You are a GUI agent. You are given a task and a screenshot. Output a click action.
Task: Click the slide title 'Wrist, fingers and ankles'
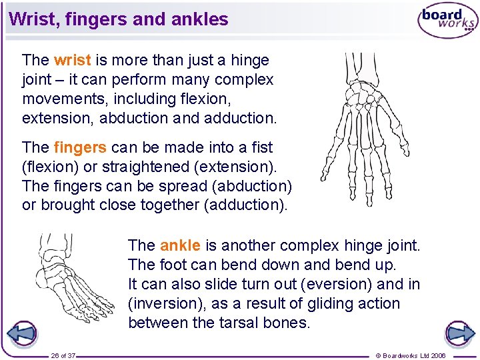[119, 19]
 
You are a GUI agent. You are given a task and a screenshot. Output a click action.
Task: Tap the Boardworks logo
[447, 21]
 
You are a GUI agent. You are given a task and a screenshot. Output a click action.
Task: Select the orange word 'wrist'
[72, 60]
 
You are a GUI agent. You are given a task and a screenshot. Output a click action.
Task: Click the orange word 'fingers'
[80, 147]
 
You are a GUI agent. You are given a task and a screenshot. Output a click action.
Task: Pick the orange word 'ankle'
[180, 245]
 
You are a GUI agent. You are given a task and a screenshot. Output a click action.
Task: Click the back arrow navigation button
[21, 333]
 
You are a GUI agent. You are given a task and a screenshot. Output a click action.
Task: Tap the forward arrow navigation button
[459, 333]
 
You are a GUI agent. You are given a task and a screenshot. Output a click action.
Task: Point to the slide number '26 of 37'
[64, 355]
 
